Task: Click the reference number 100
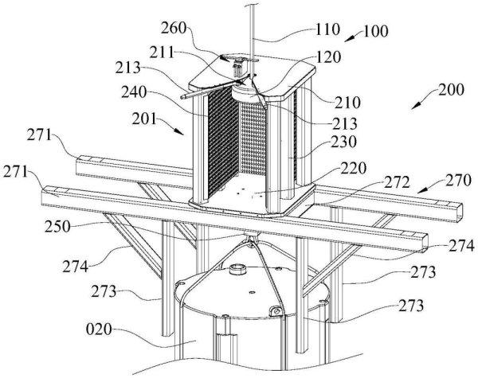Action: (376, 31)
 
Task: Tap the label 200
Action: (451, 91)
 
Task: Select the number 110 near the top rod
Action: (327, 30)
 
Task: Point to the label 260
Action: (174, 28)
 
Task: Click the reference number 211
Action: (162, 53)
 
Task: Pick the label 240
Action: (134, 92)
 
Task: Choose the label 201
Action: (144, 119)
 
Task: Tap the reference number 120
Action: (328, 57)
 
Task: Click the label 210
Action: (348, 103)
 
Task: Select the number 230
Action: (343, 142)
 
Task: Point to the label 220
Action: (354, 168)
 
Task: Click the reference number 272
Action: (397, 183)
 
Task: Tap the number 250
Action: (57, 227)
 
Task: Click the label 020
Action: (99, 329)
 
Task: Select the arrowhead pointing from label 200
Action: (415, 107)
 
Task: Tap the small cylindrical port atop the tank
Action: (237, 269)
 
